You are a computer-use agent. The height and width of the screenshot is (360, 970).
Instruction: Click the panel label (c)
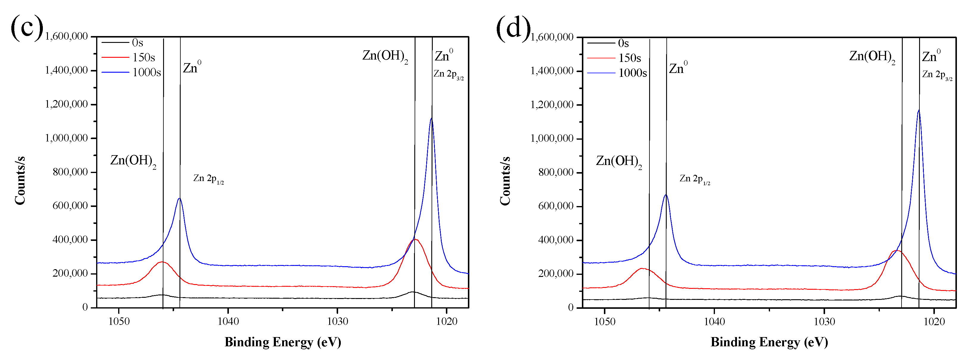tap(27, 27)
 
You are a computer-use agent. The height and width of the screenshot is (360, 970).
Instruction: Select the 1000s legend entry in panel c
tap(146, 72)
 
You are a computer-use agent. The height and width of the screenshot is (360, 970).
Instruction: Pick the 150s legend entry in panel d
tap(629, 58)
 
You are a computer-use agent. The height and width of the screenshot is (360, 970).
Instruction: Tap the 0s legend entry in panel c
tap(138, 43)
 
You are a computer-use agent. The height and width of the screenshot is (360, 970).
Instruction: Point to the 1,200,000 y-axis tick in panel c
tap(66, 104)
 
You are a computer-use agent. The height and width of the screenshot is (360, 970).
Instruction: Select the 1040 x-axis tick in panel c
tap(228, 321)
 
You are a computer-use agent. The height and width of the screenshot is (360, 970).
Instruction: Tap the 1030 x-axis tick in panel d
tap(824, 322)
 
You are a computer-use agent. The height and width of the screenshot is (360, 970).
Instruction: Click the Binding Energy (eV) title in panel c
tap(283, 342)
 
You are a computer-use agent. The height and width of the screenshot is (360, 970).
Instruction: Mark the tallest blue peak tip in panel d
tap(919, 110)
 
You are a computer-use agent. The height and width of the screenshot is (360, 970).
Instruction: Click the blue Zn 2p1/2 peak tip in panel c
tap(179, 198)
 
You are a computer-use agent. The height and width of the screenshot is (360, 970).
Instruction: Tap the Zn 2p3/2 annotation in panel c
tap(449, 74)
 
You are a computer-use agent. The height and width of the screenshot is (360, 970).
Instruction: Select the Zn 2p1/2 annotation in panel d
tap(695, 179)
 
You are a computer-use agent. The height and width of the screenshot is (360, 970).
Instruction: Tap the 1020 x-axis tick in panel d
tap(934, 322)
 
